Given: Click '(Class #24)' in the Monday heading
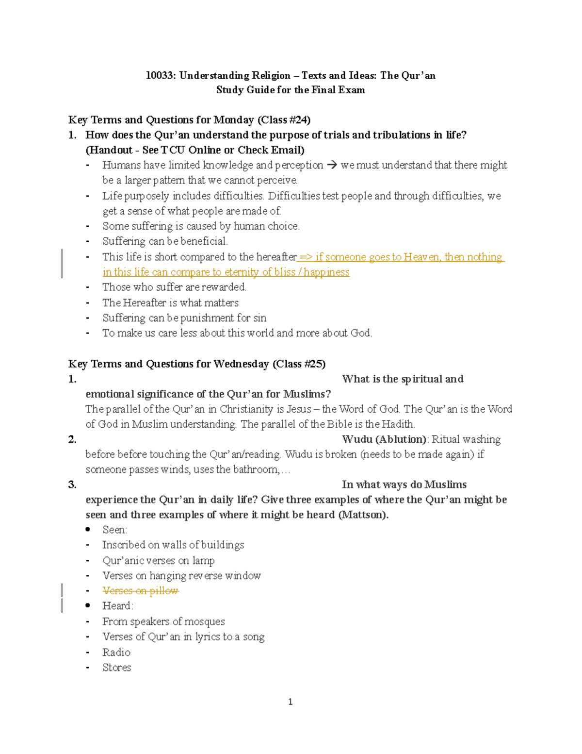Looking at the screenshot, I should click(284, 120).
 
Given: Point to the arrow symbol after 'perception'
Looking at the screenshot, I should click(332, 166).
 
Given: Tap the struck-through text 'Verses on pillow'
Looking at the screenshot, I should click(140, 591).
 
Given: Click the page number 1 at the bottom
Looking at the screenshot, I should click(290, 702).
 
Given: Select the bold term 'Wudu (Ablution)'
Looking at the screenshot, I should click(384, 439).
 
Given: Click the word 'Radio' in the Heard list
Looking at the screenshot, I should click(116, 652).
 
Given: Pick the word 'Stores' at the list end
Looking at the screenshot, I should click(117, 668).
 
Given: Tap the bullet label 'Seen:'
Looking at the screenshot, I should click(115, 530).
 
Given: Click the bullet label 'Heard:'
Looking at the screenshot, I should click(118, 606).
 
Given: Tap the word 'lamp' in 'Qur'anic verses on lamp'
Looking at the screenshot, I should click(203, 561).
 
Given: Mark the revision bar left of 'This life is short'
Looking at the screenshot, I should click(62, 264).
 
